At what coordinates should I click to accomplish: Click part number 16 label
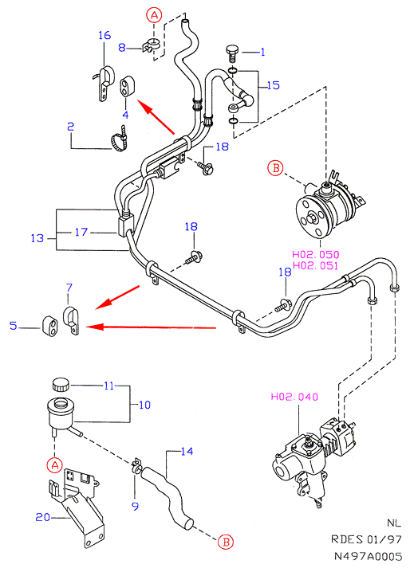pos(104,35)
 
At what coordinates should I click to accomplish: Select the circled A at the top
pos(154,15)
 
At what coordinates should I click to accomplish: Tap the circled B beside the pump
pos(275,168)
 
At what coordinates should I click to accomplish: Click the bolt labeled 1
pos(231,54)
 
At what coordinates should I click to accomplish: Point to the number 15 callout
pos(274,85)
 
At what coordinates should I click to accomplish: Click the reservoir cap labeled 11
pos(61,384)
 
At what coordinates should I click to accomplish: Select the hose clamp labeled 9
pos(136,466)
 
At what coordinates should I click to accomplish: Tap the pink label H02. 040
pos(294,397)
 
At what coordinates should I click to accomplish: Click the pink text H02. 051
pos(315,265)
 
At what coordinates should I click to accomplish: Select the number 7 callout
pos(69,288)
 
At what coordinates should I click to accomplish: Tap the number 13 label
pos(37,238)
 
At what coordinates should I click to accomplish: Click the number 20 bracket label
pos(42,517)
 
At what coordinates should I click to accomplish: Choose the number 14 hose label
pos(187,452)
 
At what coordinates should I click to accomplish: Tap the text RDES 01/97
pos(366,539)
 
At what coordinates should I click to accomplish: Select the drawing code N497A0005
pos(368,556)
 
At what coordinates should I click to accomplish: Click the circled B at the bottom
pos(226,543)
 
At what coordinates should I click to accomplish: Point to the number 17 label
pos(81,232)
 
